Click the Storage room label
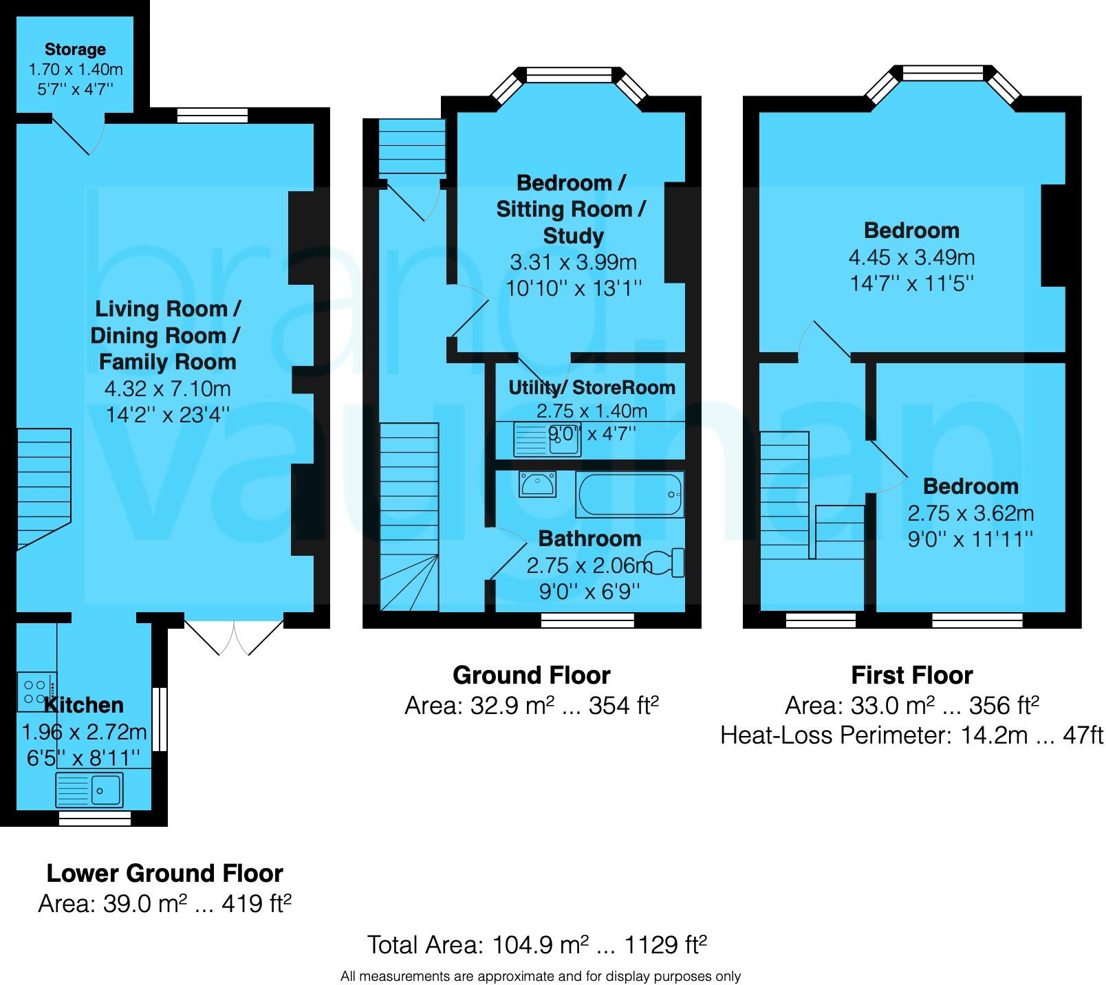tap(75, 50)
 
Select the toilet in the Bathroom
tap(667, 563)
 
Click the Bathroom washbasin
tap(537, 484)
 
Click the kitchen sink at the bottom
tap(89, 790)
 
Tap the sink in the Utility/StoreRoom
tap(547, 440)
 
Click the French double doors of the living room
tap(235, 637)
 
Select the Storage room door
tap(78, 136)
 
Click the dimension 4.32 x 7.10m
tap(167, 389)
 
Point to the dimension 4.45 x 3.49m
tap(911, 257)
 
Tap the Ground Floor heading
tap(531, 675)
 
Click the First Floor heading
tap(911, 675)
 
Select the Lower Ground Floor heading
tap(164, 874)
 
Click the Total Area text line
tap(536, 944)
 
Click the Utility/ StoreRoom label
tap(592, 388)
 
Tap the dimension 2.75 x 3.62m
tap(971, 513)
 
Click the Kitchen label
tap(84, 705)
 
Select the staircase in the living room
tap(43, 485)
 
